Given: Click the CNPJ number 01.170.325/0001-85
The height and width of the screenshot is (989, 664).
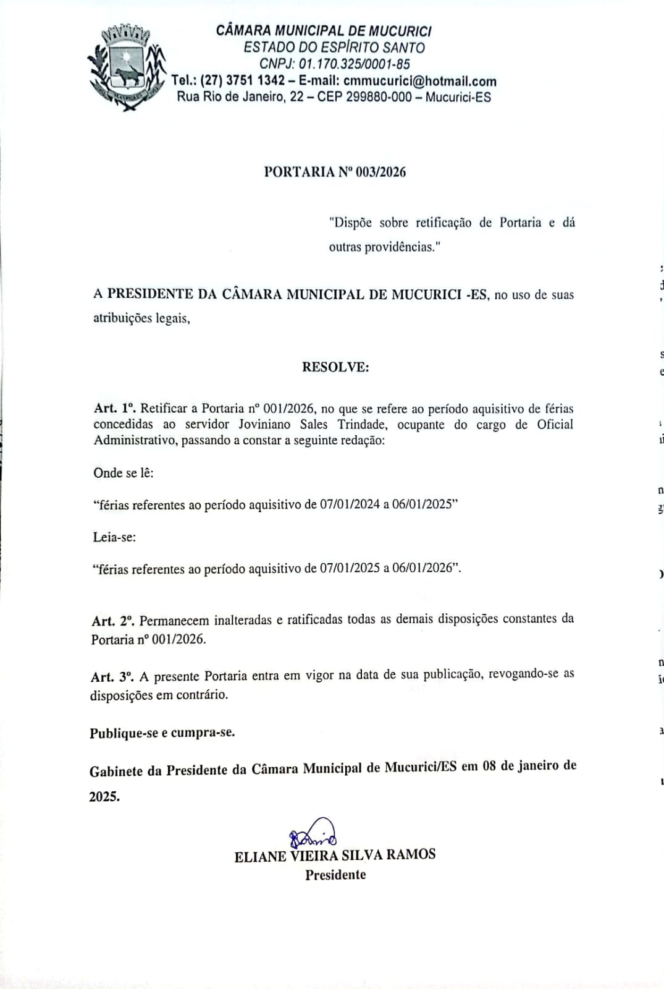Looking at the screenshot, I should [x=354, y=64].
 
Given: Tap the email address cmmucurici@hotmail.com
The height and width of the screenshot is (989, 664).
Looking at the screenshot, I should [x=420, y=80].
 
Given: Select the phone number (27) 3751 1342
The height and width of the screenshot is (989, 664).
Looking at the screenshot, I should [x=243, y=80].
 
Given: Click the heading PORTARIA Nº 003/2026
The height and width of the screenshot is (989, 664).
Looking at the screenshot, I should [x=335, y=172].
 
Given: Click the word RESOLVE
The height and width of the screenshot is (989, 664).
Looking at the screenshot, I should [x=335, y=367].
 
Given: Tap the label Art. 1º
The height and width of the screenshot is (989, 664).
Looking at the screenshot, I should [x=114, y=409].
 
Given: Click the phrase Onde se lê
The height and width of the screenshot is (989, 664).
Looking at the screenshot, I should [x=124, y=473].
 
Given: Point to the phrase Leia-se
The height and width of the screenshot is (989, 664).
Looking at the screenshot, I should [x=115, y=537].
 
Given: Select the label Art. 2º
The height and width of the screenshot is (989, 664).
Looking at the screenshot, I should [x=113, y=621].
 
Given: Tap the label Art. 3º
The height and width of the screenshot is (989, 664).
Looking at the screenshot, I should [x=112, y=677].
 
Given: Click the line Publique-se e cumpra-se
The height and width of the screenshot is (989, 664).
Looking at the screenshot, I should [x=162, y=733].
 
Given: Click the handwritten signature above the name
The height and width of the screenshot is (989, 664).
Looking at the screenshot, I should [x=313, y=834].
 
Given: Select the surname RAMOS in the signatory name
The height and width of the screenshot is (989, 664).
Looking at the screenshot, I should [x=411, y=855].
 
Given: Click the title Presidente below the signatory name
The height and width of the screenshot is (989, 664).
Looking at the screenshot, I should [x=335, y=875].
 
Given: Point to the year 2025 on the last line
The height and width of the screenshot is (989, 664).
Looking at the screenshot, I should [x=104, y=797].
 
